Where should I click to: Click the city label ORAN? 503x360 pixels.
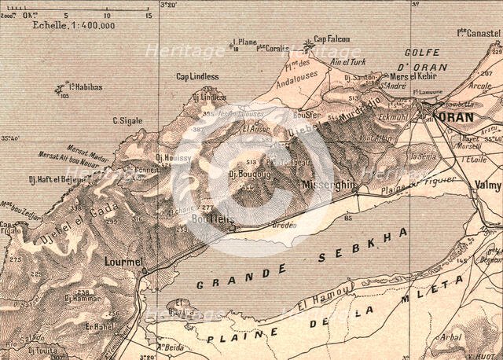(x=454, y=117)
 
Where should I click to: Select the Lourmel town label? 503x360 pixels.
(x=123, y=260)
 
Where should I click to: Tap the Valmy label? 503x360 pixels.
(x=486, y=185)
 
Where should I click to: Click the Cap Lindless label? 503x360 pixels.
(x=197, y=76)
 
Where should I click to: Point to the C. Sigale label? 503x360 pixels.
(x=127, y=120)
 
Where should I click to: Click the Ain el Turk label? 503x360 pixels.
(x=348, y=62)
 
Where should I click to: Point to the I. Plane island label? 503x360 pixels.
(x=246, y=42)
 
